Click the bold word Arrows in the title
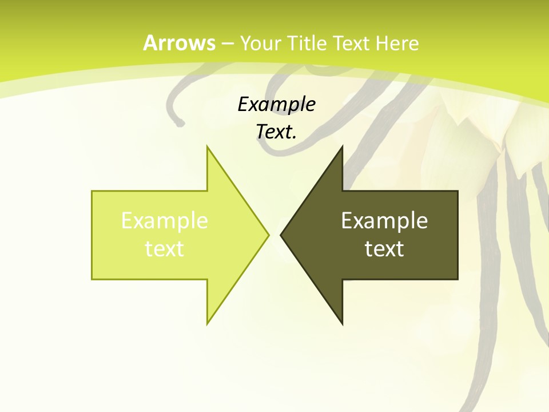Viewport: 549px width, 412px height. point(180,43)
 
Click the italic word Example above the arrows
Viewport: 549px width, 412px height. point(276,104)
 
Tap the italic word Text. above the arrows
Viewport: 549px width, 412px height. point(276,132)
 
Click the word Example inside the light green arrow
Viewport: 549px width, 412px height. point(165,220)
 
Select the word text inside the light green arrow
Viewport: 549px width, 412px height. point(165,248)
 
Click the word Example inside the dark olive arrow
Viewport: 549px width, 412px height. point(384,220)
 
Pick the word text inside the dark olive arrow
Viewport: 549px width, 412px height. point(384,248)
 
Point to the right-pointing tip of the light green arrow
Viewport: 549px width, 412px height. point(268,235)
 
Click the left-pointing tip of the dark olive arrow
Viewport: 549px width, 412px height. point(281,235)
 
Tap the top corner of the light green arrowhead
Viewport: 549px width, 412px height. point(208,146)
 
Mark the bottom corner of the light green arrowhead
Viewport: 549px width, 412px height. point(208,324)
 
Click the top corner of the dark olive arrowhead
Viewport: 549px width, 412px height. point(342,146)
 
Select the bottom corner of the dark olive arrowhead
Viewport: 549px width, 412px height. point(342,324)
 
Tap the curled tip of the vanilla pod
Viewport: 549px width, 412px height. point(181,122)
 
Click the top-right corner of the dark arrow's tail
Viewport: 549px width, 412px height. point(457,191)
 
